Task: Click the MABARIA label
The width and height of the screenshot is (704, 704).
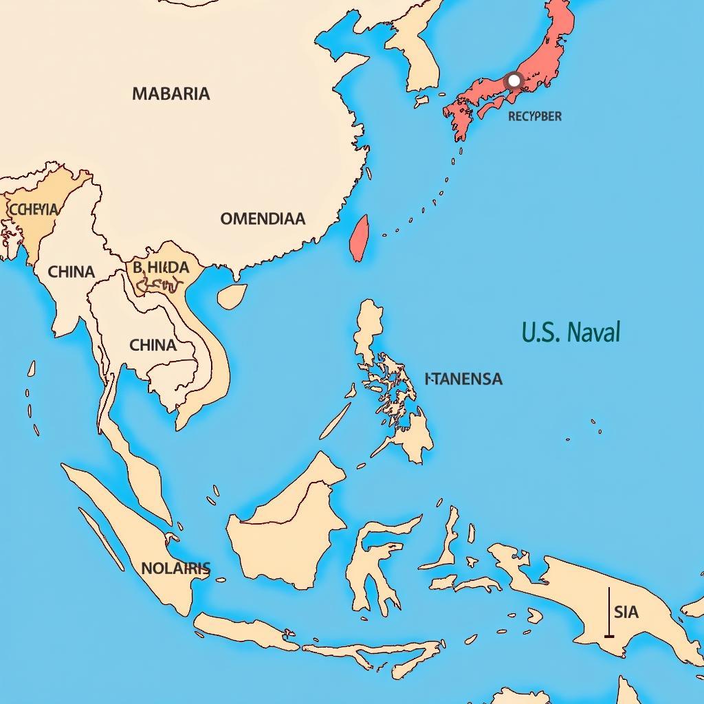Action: coord(170,94)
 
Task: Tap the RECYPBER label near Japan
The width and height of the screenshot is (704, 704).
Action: coord(534,116)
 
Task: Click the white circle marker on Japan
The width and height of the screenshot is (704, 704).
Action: coord(514,80)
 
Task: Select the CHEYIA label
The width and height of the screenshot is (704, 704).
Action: coord(33,209)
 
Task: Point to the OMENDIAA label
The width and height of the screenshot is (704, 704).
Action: coord(262,219)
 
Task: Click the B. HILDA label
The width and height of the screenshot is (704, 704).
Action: coord(161,267)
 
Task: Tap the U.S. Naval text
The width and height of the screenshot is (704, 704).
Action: coord(571,332)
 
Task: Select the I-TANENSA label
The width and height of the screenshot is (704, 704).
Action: coord(463,379)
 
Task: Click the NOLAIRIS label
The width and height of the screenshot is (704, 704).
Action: coord(175,569)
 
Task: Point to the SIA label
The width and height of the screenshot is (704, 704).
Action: coord(626,611)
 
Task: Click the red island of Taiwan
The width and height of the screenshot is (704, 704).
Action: coord(359,238)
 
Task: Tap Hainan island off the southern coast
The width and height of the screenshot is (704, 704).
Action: coord(232,296)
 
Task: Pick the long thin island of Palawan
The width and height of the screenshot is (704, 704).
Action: coord(335,421)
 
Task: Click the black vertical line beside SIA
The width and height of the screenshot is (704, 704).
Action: coord(609,612)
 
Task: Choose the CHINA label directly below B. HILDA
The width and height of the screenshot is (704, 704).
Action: coord(153,344)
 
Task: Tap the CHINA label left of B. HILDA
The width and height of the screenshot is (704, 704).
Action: coord(71,272)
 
